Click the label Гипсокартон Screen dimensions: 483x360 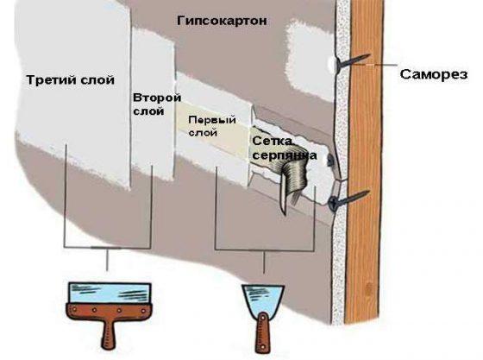point(222,22)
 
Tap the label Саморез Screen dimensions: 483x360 point(434,74)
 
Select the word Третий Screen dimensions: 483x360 point(52,79)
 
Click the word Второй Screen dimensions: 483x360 point(157,98)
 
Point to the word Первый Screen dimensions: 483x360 point(212,120)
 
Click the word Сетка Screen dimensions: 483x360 point(272,142)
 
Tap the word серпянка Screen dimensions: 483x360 point(285,155)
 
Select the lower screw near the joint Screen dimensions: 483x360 point(348,199)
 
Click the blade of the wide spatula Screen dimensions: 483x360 point(110,293)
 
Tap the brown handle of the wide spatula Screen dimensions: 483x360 point(110,326)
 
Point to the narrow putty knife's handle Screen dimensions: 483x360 point(262,333)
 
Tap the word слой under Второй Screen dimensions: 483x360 point(148,111)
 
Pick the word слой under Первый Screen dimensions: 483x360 point(203,133)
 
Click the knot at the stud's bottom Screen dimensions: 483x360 point(367,289)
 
